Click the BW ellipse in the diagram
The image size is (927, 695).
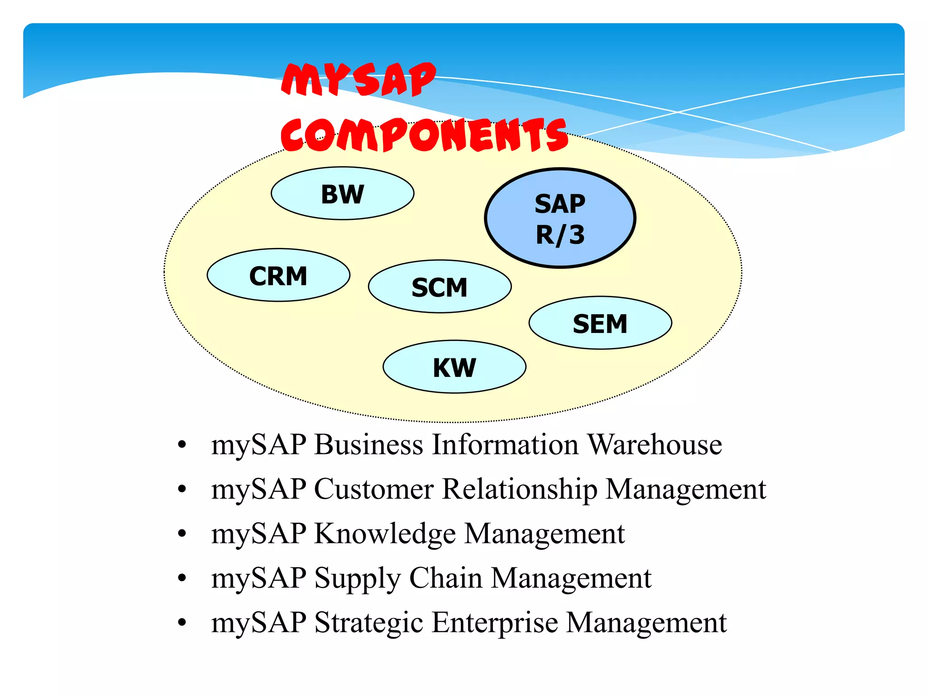tap(342, 194)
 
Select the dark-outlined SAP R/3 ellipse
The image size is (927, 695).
tap(560, 219)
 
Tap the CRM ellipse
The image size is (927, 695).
tap(278, 275)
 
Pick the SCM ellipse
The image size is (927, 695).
tap(440, 286)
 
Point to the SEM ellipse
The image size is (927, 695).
tap(600, 323)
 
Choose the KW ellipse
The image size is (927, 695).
tap(454, 367)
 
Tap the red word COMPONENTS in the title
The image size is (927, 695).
tap(424, 134)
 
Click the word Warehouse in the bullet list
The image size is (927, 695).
tap(655, 444)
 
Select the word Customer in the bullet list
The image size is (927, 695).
tap(373, 489)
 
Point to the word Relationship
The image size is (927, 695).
tap(519, 489)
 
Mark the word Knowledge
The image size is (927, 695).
tap(385, 533)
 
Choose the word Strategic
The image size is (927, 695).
tap(368, 623)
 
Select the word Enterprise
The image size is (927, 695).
tap(494, 623)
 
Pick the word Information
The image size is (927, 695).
tap(505, 444)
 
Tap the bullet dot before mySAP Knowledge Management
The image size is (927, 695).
tap(182, 534)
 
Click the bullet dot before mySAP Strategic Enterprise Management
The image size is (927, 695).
tap(182, 623)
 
